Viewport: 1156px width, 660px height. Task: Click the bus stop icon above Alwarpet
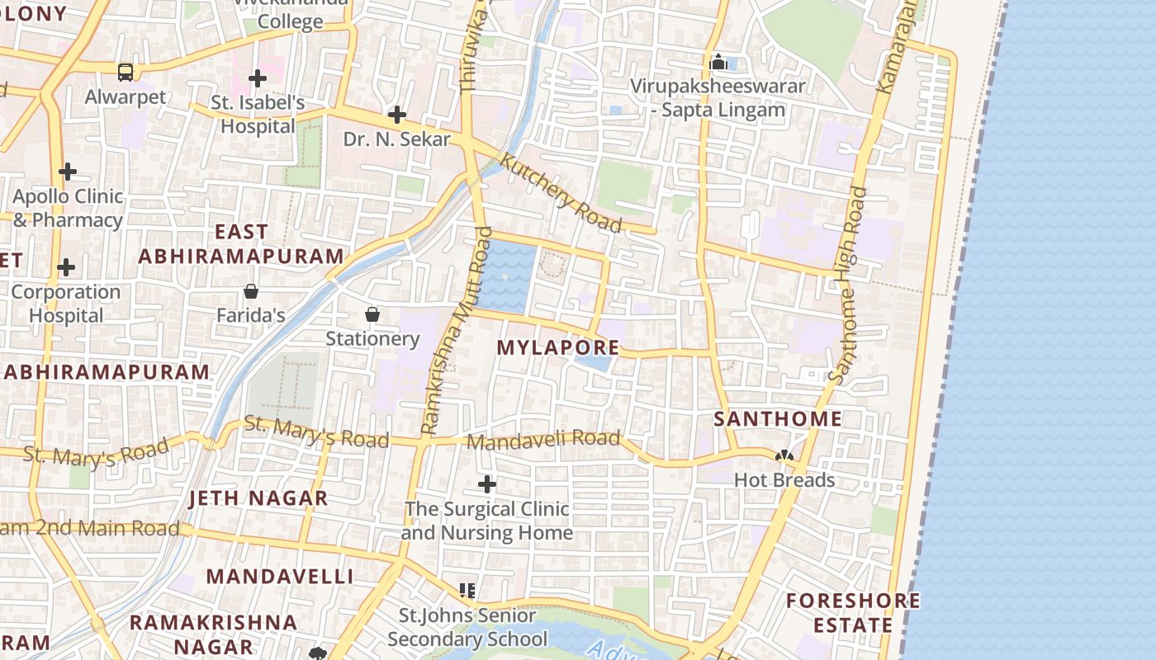pos(125,73)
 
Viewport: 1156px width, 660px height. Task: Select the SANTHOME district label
pos(778,419)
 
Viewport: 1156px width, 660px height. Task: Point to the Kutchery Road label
pos(561,193)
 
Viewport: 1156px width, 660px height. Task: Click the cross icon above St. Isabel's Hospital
pos(258,78)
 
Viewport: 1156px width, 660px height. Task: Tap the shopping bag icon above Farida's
pos(251,291)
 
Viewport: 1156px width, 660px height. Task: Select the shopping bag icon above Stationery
pos(372,314)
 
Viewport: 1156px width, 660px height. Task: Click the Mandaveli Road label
pos(543,441)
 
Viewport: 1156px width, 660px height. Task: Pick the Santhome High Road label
pos(849,285)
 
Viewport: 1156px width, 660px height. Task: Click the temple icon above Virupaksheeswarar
pos(718,62)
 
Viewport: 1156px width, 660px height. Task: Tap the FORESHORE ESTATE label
pos(853,613)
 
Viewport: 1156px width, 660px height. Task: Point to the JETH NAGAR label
pos(258,498)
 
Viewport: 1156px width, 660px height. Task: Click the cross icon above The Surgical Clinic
pos(487,484)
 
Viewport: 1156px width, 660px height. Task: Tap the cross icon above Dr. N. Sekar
pos(397,115)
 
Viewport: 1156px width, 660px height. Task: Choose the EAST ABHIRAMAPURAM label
pos(241,244)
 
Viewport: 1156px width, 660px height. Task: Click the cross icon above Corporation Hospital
pos(66,268)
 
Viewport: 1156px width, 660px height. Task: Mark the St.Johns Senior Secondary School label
pos(467,627)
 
